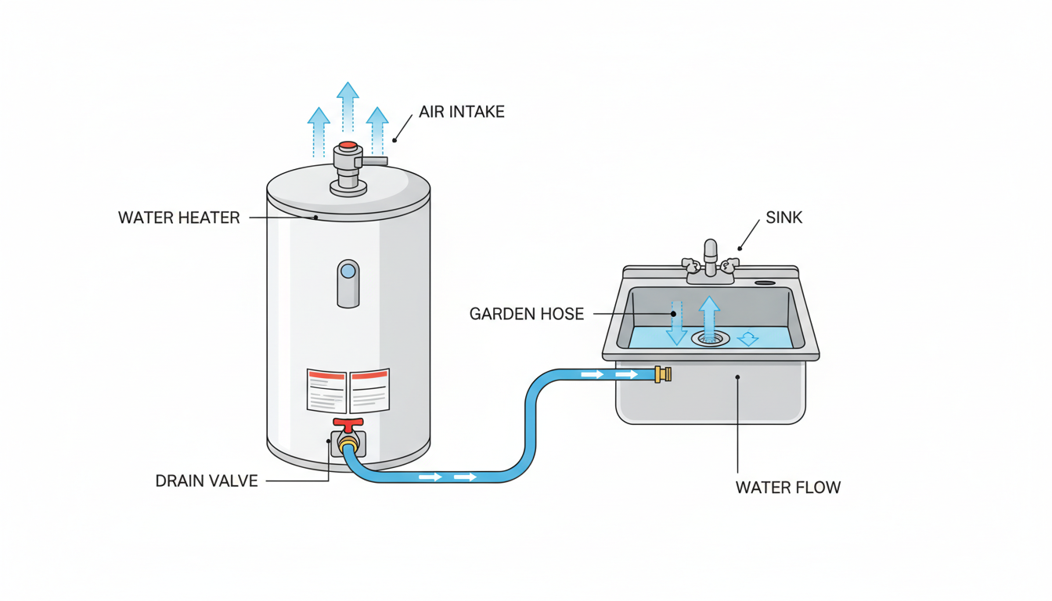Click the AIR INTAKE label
coord(461,112)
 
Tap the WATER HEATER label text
coord(178,218)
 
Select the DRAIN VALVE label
coord(207,480)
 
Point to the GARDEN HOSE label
coord(526,314)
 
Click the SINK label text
coord(784,218)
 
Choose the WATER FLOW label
coord(787,488)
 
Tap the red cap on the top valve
coord(348,146)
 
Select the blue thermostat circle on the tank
coord(348,272)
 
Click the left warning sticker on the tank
coord(326,390)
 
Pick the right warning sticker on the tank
coord(369,390)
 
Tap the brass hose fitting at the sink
coord(663,375)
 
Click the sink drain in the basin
coord(710,338)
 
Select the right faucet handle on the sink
coord(730,264)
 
